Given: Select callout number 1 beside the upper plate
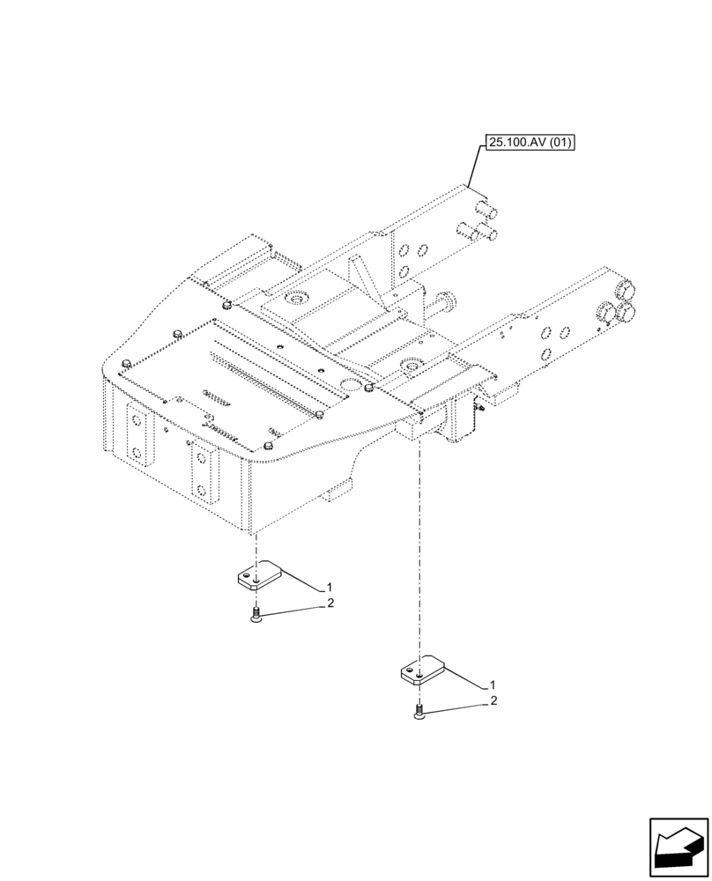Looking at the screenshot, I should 329,587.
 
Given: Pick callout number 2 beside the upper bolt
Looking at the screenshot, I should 329,603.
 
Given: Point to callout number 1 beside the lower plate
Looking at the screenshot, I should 491,685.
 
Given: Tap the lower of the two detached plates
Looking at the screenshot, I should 422,671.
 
